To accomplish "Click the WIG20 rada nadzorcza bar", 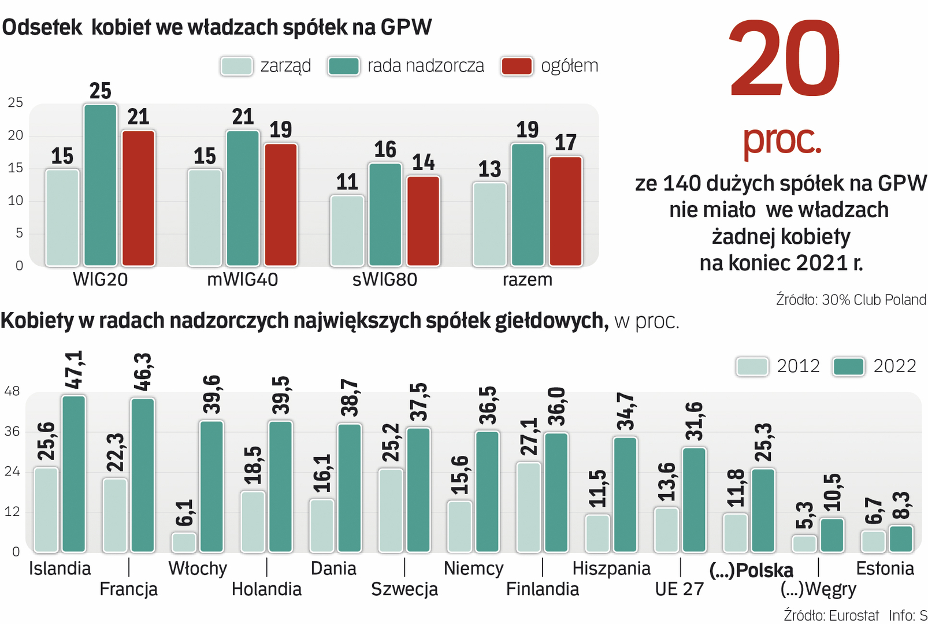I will pyautogui.click(x=100, y=185).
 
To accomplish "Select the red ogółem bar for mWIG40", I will pyautogui.click(x=281, y=205).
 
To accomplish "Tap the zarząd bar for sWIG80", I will pyautogui.click(x=347, y=231).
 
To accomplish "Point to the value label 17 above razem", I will pyautogui.click(x=566, y=143).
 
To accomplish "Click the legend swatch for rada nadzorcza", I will pyautogui.click(x=343, y=66).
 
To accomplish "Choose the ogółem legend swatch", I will pyautogui.click(x=517, y=66).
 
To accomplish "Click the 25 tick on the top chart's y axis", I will pyautogui.click(x=16, y=103).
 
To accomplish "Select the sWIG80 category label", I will pyautogui.click(x=385, y=280).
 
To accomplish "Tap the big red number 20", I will pyautogui.click(x=784, y=60).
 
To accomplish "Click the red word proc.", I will pyautogui.click(x=781, y=140).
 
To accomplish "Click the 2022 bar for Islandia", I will pyautogui.click(x=74, y=474).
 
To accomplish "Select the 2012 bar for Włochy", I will pyautogui.click(x=184, y=543).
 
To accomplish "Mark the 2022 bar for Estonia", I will pyautogui.click(x=901, y=538).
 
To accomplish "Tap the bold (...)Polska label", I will pyautogui.click(x=751, y=570).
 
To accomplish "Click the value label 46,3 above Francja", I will pyautogui.click(x=142, y=372).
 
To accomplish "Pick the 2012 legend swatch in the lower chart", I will pyautogui.click(x=752, y=366).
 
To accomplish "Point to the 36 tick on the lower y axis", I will pyautogui.click(x=12, y=432).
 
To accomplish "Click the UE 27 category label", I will pyautogui.click(x=680, y=589).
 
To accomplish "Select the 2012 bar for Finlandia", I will pyautogui.click(x=529, y=507).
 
